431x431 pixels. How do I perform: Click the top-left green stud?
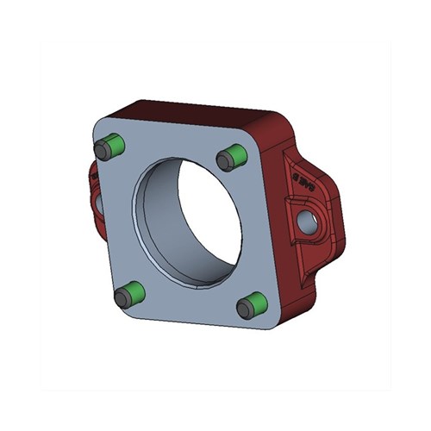click(x=112, y=147)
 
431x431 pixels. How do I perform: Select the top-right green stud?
click(x=234, y=157)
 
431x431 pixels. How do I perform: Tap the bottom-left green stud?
click(x=128, y=295)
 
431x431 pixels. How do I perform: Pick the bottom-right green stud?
click(x=253, y=304)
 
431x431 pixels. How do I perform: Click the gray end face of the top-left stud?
click(x=103, y=152)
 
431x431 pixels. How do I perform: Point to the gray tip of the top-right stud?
click(x=226, y=160)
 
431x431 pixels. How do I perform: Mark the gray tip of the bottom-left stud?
click(x=122, y=299)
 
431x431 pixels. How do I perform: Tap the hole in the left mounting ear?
click(x=97, y=202)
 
